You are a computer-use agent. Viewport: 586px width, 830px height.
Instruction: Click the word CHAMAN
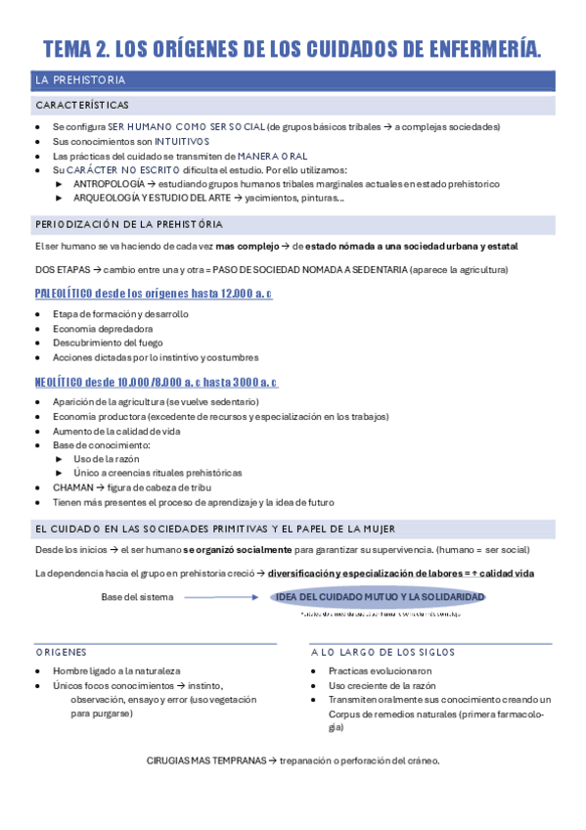(x=72, y=487)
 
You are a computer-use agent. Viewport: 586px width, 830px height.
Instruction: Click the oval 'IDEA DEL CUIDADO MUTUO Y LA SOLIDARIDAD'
(x=380, y=597)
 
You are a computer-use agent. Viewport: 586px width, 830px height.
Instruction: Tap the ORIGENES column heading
(x=61, y=652)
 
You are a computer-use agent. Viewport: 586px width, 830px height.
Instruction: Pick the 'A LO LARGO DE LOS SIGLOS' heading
(x=383, y=652)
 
